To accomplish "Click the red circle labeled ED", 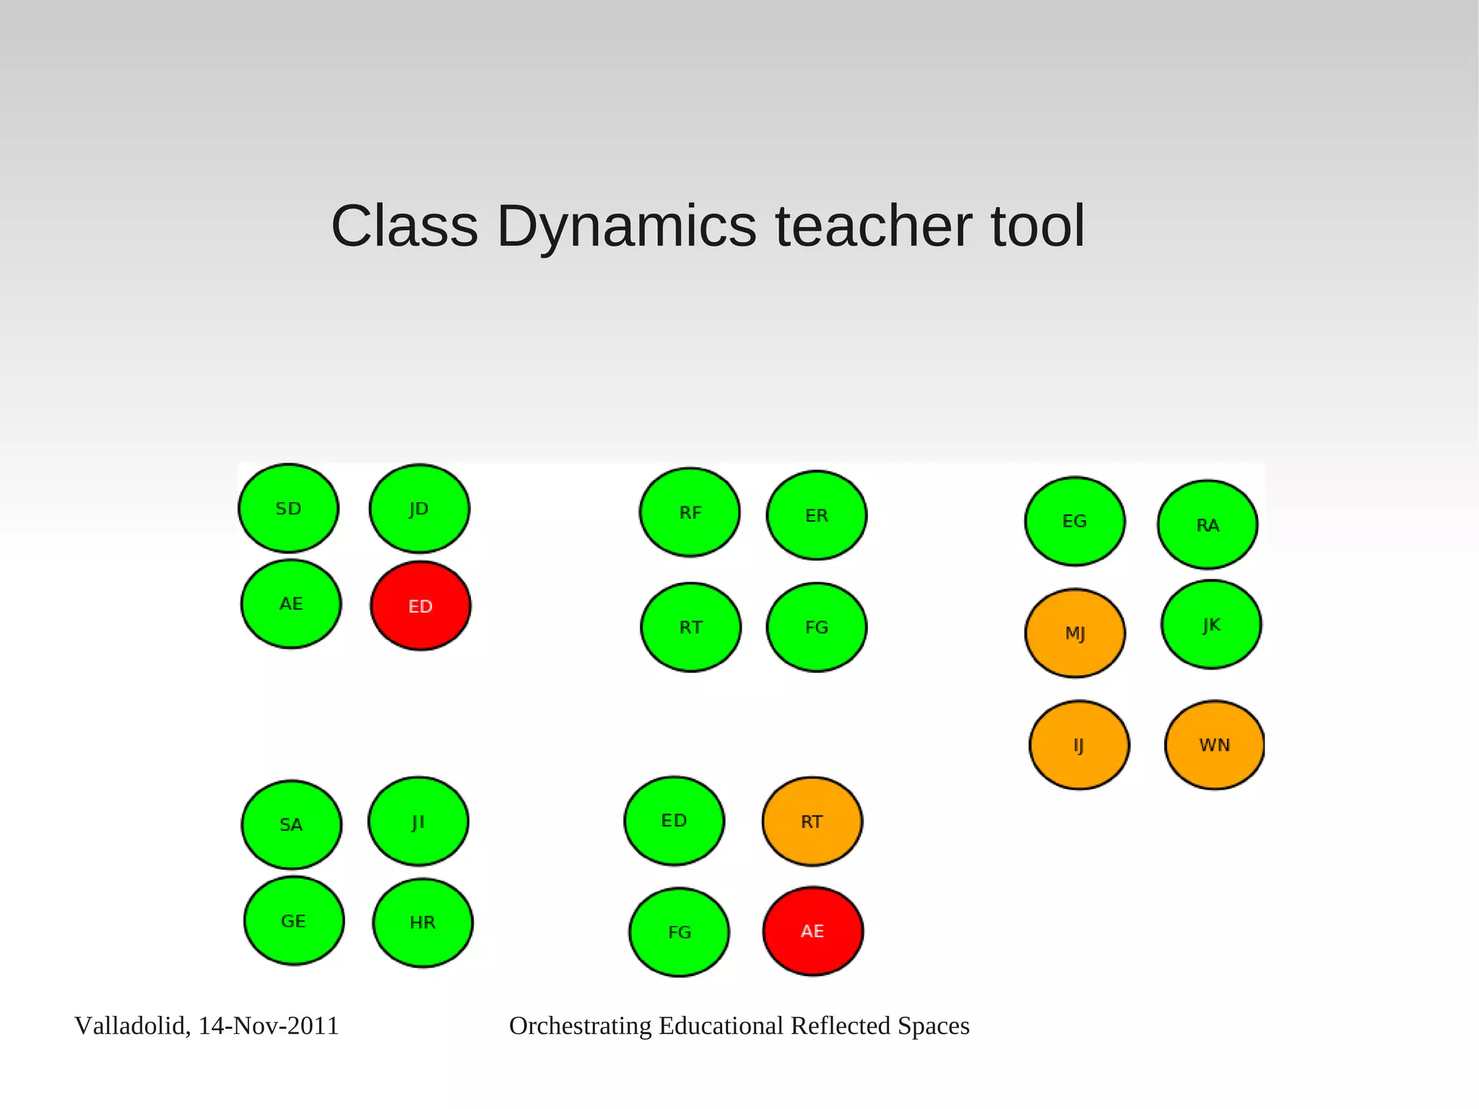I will [420, 605].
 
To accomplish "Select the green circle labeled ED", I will [674, 821].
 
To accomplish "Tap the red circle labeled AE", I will [812, 931].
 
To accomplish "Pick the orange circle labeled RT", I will [812, 821].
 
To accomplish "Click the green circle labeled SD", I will [288, 509].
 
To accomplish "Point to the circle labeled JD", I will [419, 509].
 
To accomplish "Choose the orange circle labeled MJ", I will [1075, 633].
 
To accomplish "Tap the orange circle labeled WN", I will [1214, 745].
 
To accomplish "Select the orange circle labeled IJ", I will [1078, 745].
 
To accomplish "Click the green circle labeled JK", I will [1211, 624].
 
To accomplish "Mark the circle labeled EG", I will [1075, 521].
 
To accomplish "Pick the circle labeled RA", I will [1207, 525].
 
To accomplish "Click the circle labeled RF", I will [690, 512].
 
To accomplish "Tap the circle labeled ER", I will [816, 515].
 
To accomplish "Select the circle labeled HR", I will [422, 923].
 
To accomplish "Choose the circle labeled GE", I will [293, 920].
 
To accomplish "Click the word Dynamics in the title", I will [626, 226].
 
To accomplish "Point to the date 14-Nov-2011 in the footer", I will [269, 1026].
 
